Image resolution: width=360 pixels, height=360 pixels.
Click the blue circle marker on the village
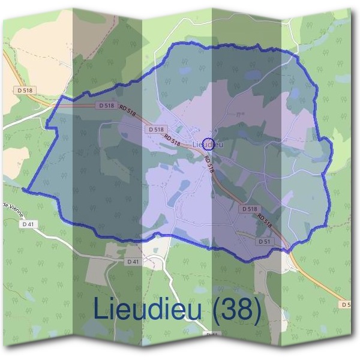tap(208, 143)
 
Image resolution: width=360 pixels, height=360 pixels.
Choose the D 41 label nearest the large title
tap(133, 262)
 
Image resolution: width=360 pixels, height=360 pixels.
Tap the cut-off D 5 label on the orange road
tap(346, 304)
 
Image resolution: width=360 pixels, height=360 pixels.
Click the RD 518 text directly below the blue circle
tap(209, 164)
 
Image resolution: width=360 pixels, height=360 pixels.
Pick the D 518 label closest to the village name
tap(155, 129)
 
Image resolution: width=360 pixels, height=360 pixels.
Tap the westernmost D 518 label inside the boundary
tap(104, 105)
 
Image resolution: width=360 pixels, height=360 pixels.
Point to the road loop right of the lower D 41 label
tap(155, 262)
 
